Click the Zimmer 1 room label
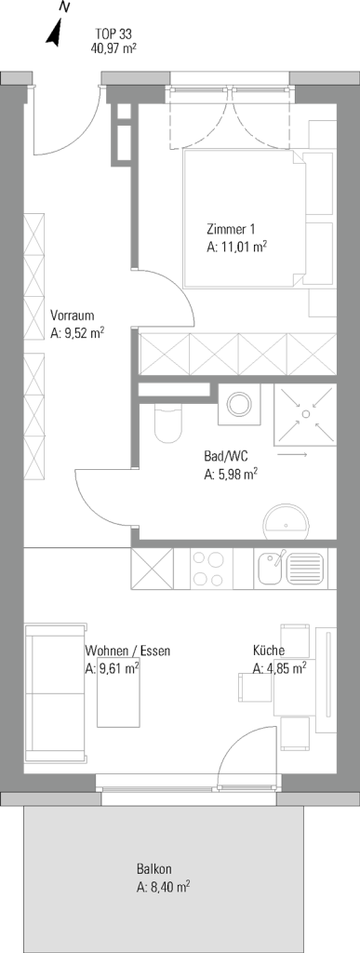(231, 230)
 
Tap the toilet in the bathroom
(167, 423)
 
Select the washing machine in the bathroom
(240, 403)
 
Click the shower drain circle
(305, 413)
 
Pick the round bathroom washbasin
(287, 522)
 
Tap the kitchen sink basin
(269, 570)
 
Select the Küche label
(269, 651)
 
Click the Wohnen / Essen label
(127, 651)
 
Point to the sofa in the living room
(55, 692)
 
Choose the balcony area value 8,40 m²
(162, 887)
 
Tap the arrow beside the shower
(292, 453)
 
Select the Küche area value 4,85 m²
(279, 668)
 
